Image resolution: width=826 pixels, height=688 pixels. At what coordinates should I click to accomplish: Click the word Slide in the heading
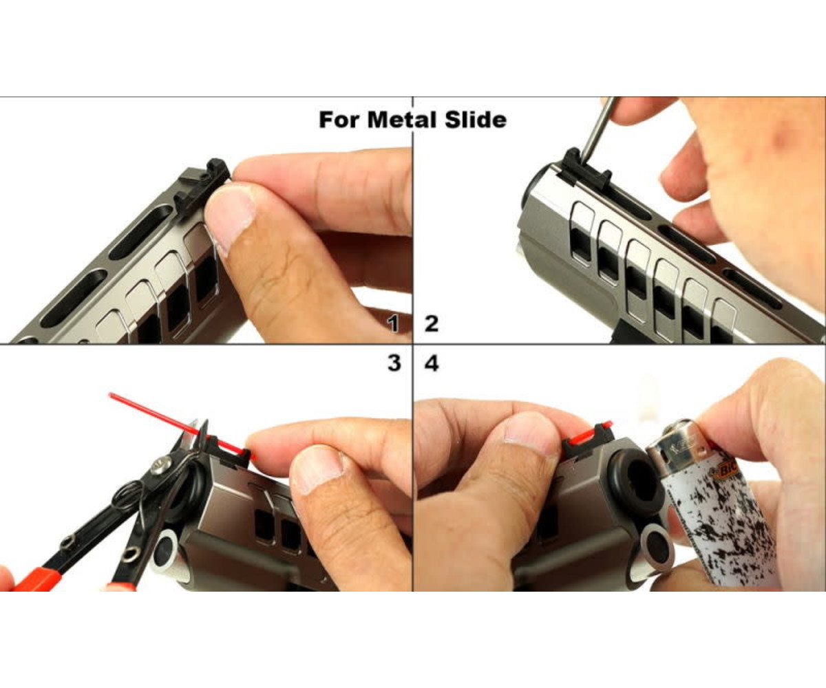(476, 120)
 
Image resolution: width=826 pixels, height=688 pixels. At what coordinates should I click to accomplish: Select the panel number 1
(392, 324)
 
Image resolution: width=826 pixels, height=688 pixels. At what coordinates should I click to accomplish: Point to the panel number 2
(432, 324)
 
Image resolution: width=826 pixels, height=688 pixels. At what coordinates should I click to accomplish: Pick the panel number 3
(394, 363)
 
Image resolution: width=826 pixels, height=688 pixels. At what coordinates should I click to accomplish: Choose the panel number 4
(432, 363)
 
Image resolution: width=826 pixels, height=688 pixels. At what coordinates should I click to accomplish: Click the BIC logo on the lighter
(727, 470)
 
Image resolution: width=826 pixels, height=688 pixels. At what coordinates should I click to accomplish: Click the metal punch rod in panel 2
(595, 129)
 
